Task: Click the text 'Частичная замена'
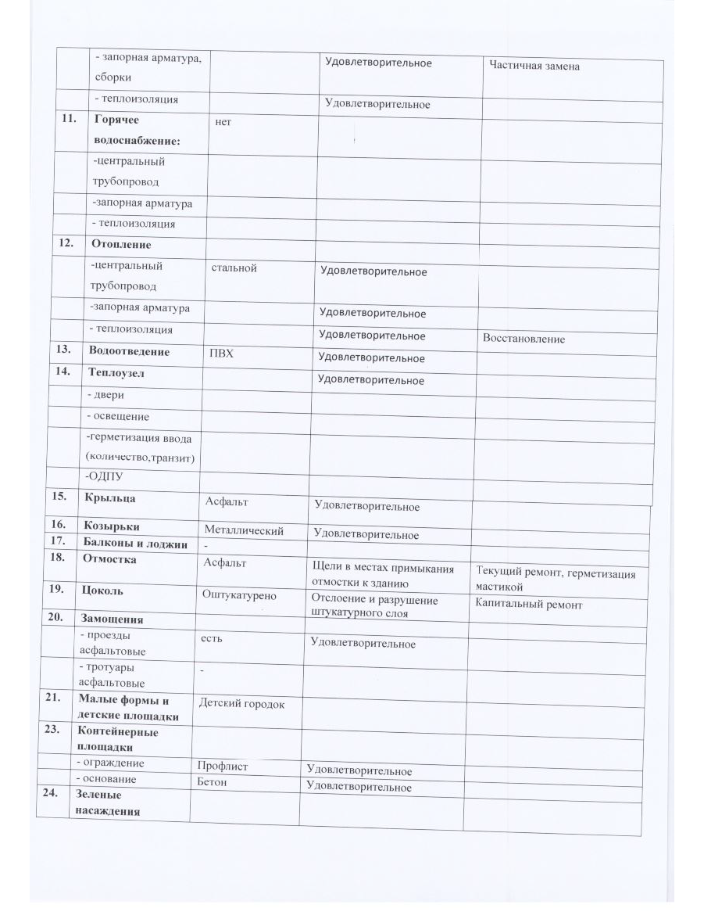[x=534, y=66]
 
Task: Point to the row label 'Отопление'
[x=121, y=243]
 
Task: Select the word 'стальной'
[x=234, y=268]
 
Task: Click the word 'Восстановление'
[x=524, y=339]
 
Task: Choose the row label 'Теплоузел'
[x=116, y=374]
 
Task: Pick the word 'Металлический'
[x=243, y=531]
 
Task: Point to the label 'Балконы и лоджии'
[x=134, y=544]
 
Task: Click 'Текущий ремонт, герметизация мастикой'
[x=555, y=580]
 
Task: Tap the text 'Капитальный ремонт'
[x=528, y=605]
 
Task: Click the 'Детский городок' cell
[x=241, y=704]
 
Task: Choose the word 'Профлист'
[x=223, y=767]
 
